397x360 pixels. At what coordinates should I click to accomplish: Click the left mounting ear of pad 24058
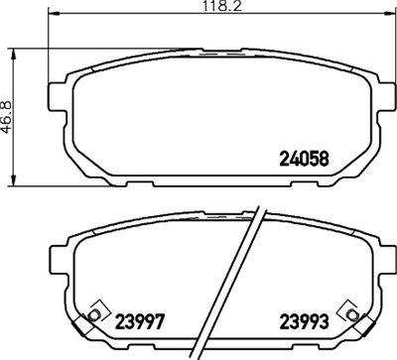click(x=56, y=96)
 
